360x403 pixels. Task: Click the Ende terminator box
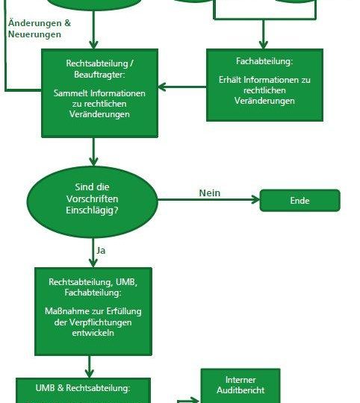[300, 201]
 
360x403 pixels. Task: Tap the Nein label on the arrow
[210, 193]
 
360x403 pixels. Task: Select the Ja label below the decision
[101, 251]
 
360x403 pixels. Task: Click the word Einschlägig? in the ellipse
[92, 210]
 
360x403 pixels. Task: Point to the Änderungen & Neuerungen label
[40, 28]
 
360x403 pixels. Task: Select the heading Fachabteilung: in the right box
[264, 61]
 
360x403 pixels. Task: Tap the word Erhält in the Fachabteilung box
[230, 80]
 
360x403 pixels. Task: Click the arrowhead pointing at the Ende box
[255, 199]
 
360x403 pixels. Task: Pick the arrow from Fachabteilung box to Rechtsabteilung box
[182, 87]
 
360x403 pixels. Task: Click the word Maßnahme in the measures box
[63, 311]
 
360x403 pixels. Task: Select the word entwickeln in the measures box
[93, 333]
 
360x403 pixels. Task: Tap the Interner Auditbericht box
[240, 386]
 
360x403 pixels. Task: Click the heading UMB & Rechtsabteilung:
[83, 388]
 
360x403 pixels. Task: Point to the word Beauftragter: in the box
[99, 75]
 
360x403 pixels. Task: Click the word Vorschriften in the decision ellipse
[93, 199]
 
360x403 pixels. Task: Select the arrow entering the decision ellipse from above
[93, 152]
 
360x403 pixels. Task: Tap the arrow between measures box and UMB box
[89, 366]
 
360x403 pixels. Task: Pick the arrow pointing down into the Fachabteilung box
[263, 34]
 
